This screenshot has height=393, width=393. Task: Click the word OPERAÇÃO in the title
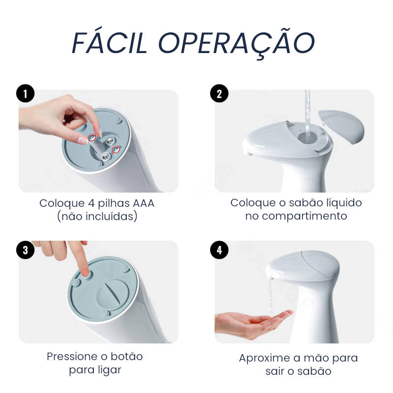click(x=236, y=44)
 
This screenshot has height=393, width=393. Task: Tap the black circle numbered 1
click(x=26, y=93)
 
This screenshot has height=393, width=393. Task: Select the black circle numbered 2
click(x=219, y=93)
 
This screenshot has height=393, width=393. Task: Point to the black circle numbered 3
click(x=26, y=250)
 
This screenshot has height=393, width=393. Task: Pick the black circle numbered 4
click(x=219, y=250)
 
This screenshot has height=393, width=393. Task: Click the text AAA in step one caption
click(x=143, y=203)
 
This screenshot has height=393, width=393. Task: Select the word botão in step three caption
click(x=127, y=357)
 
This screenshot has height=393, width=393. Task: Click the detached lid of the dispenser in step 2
click(x=341, y=126)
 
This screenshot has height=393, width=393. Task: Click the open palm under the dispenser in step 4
click(x=253, y=323)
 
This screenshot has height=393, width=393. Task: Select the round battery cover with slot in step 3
click(x=112, y=294)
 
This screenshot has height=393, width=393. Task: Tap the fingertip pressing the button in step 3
click(x=84, y=272)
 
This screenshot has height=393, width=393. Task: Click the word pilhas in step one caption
click(x=113, y=204)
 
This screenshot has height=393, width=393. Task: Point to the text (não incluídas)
click(x=97, y=217)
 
